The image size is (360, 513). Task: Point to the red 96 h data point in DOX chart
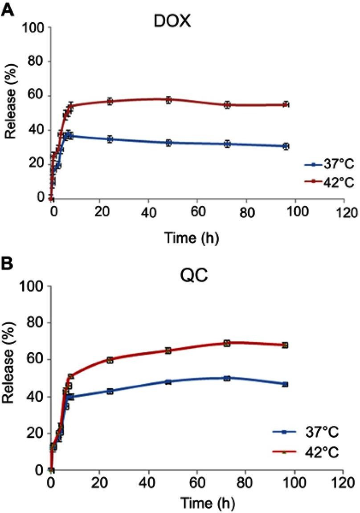coord(286,105)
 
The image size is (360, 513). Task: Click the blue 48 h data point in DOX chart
coord(168,143)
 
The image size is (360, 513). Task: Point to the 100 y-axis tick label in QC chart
coord(33,286)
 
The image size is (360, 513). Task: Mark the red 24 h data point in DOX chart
coord(110,101)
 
